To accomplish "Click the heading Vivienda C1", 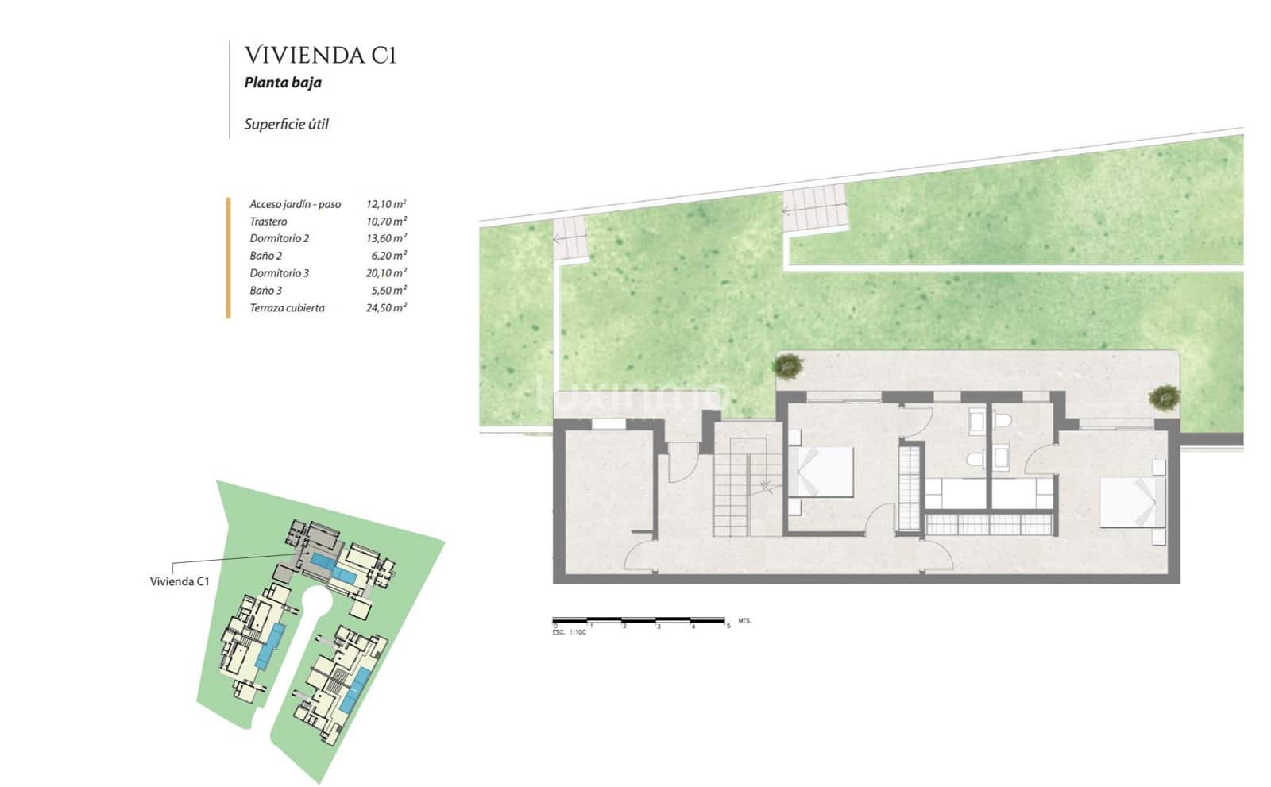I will pyautogui.click(x=319, y=55).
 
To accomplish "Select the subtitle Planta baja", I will pyautogui.click(x=283, y=83).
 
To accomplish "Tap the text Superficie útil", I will pyautogui.click(x=286, y=124).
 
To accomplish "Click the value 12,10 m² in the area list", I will pyautogui.click(x=386, y=204).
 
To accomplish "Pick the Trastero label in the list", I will pyautogui.click(x=268, y=222).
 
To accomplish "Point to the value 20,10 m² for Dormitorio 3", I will pyautogui.click(x=386, y=273).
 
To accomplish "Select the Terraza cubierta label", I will pyautogui.click(x=287, y=308).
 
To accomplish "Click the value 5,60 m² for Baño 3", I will pyautogui.click(x=388, y=291).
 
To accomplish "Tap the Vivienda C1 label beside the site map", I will pyautogui.click(x=180, y=581).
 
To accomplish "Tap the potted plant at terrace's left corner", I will pyautogui.click(x=788, y=365).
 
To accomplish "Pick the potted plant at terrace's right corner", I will pyautogui.click(x=1164, y=396).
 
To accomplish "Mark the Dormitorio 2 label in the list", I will pyautogui.click(x=279, y=238).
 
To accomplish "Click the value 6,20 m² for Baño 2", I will pyautogui.click(x=388, y=256).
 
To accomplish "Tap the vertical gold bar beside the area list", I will pyautogui.click(x=228, y=257).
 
